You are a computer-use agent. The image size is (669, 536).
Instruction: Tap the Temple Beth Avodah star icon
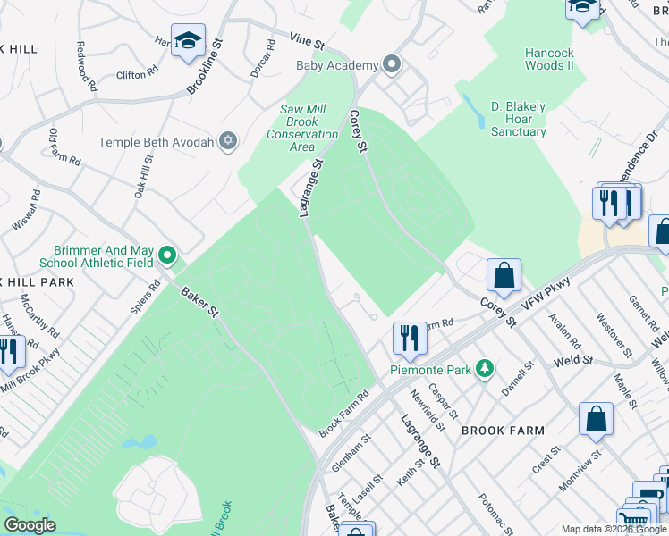click(228, 141)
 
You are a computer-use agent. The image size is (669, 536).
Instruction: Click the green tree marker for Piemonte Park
click(485, 368)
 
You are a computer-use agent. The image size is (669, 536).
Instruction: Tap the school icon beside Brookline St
click(189, 41)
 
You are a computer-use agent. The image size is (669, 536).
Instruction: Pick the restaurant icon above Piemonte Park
click(409, 338)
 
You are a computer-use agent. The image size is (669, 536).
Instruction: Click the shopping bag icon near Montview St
click(596, 420)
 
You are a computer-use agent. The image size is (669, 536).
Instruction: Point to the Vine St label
click(307, 40)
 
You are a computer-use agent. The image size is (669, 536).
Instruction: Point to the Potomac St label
click(493, 512)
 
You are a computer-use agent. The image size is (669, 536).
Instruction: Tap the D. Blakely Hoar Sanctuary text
click(518, 119)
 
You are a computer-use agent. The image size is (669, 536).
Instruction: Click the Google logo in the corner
click(30, 524)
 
